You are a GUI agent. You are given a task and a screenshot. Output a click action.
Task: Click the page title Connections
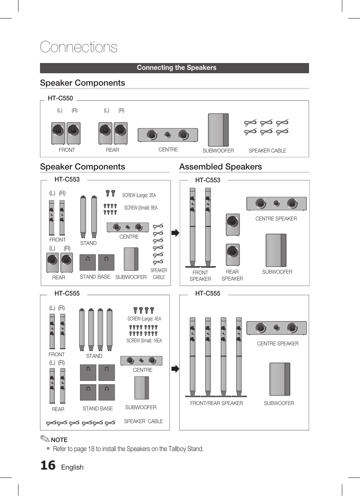[x=78, y=47]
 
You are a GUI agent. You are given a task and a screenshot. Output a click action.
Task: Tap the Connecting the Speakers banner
[x=176, y=68]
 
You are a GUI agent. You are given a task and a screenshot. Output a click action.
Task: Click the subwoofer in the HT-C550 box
[x=218, y=130]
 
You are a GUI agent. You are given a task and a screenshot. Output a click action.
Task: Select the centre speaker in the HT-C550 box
[x=168, y=135]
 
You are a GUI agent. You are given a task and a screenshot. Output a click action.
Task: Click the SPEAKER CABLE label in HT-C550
[x=267, y=151]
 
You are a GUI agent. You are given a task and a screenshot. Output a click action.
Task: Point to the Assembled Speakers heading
[x=220, y=167]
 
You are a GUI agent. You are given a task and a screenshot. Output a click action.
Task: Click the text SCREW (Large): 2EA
[x=139, y=196]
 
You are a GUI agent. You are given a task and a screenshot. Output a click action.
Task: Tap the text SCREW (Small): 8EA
[x=141, y=208]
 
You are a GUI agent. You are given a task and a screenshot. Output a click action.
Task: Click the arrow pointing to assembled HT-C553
[x=175, y=233]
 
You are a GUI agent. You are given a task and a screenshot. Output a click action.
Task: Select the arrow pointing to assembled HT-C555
[x=175, y=369]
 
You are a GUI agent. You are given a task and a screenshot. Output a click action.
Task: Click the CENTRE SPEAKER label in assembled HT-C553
[x=276, y=219]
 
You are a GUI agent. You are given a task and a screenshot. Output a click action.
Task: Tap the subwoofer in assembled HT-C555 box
[x=279, y=379]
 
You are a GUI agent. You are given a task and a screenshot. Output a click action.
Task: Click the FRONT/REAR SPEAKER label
[x=216, y=403]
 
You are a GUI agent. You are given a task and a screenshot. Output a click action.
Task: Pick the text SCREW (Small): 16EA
[x=144, y=340]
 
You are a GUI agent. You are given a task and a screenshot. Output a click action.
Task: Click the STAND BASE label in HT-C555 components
[x=97, y=408]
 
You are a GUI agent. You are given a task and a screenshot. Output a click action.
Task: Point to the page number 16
[x=48, y=465]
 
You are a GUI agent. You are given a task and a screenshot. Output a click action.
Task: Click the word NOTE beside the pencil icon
[x=59, y=440]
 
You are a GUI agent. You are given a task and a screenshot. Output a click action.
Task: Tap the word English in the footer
[x=72, y=467]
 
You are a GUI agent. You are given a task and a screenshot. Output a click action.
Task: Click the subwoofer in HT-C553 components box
[x=131, y=259]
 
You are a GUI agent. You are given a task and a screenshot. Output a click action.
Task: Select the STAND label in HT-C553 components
[x=88, y=243]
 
